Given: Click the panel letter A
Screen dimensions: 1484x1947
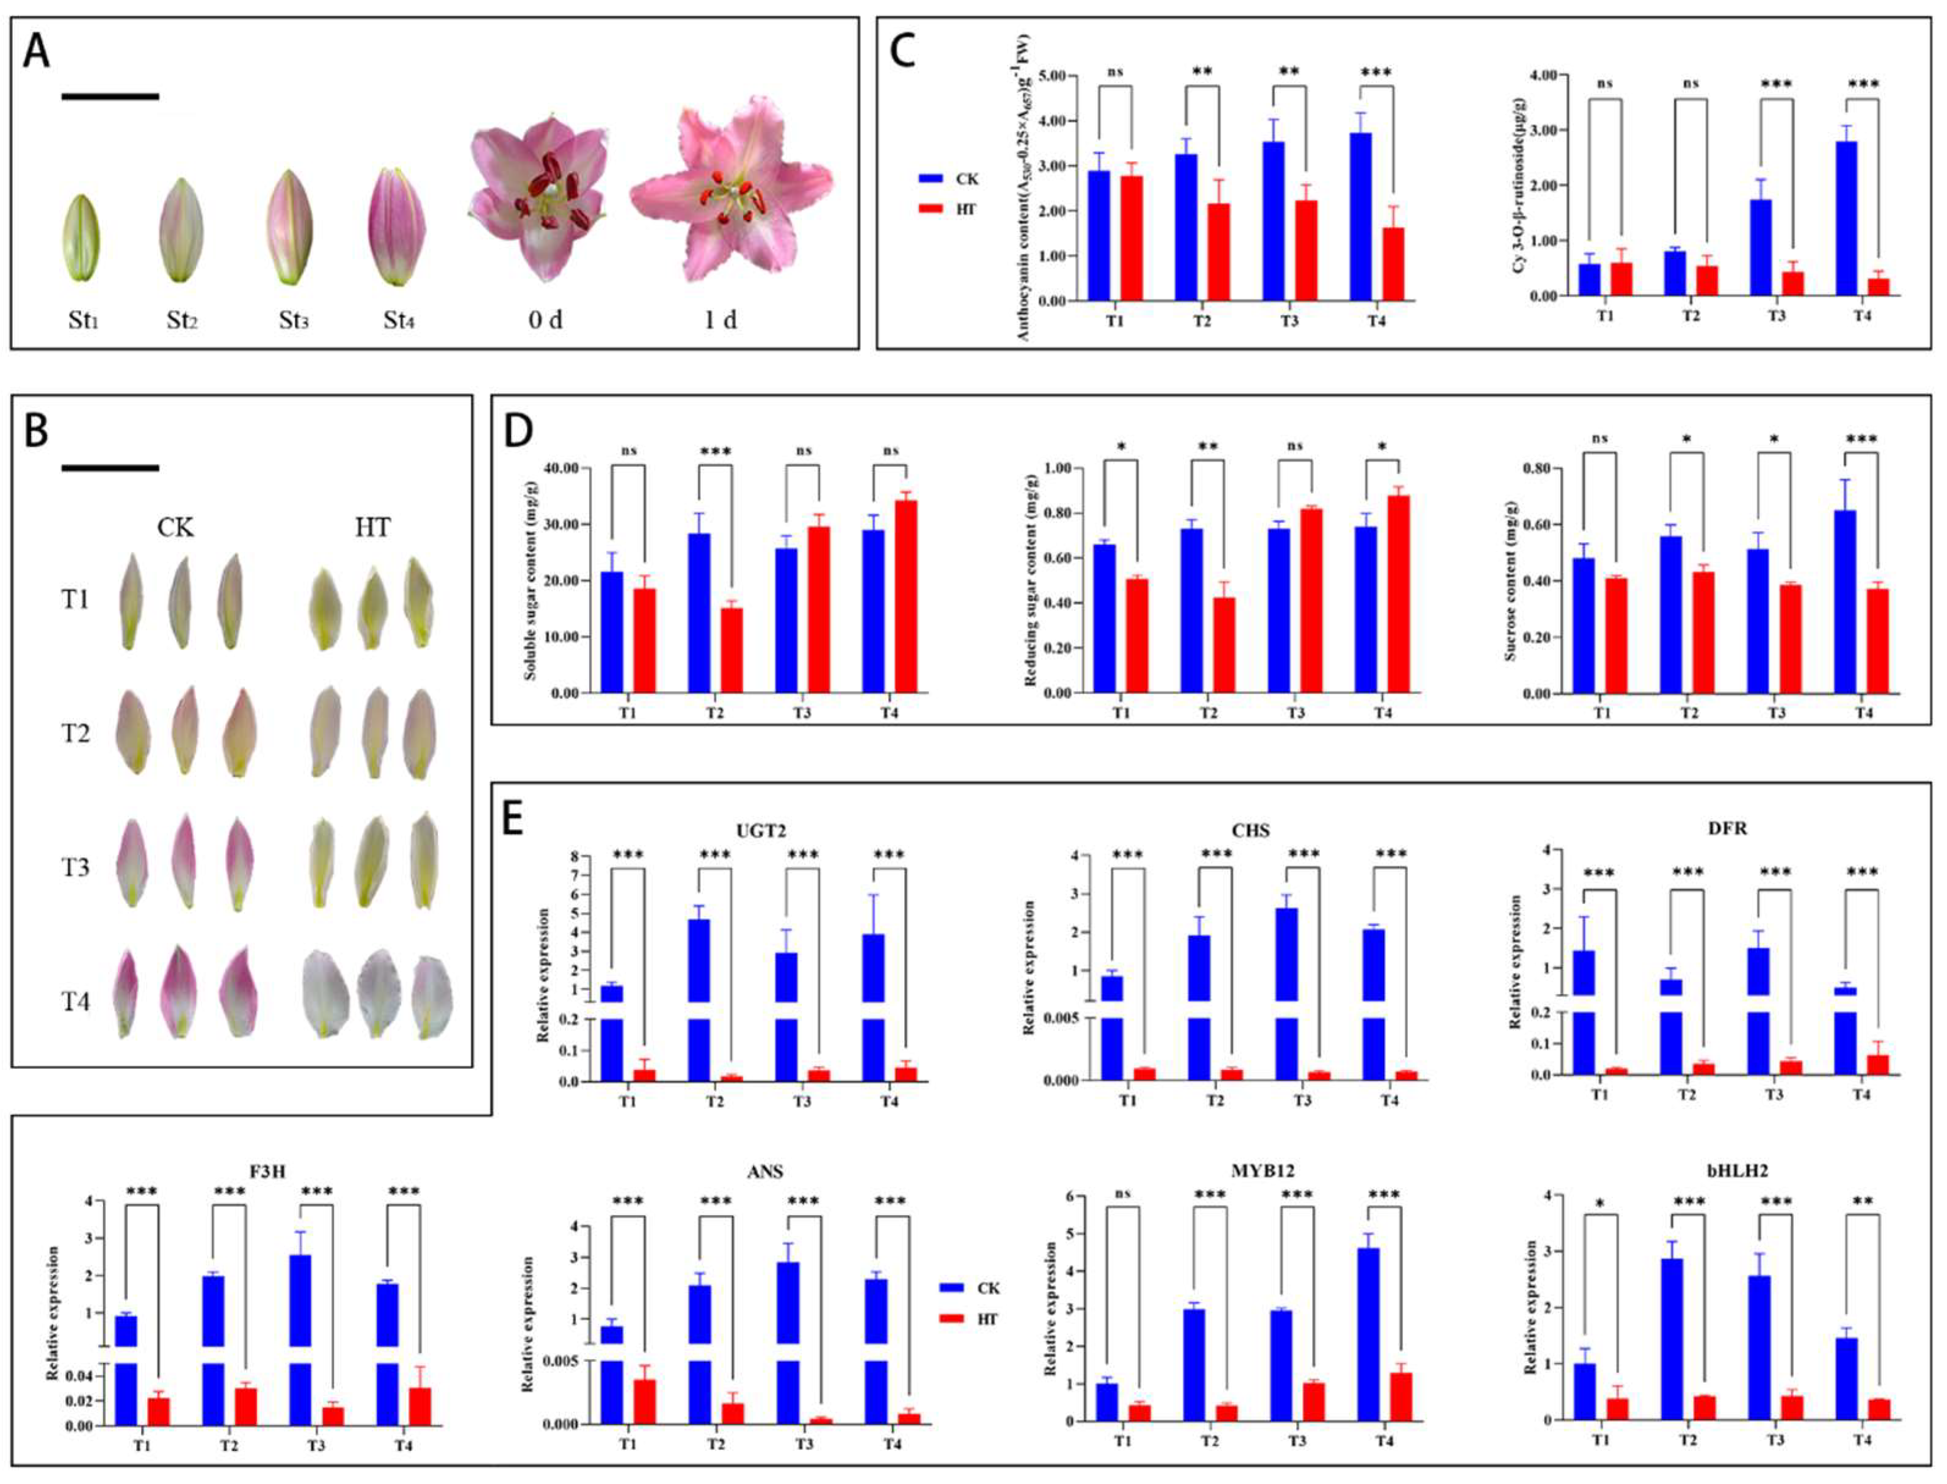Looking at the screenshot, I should click(x=36, y=51).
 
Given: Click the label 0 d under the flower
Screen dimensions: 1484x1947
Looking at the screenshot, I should click(x=545, y=320).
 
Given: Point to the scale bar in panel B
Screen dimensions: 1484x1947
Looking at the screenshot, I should click(x=111, y=467).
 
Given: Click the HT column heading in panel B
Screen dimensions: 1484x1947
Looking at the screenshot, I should click(x=372, y=528).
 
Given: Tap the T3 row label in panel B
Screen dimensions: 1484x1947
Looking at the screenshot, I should click(x=75, y=867).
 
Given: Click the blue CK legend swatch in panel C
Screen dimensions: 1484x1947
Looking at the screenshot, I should click(x=931, y=178).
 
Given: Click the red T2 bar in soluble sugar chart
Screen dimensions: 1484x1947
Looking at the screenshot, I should click(x=732, y=650).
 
